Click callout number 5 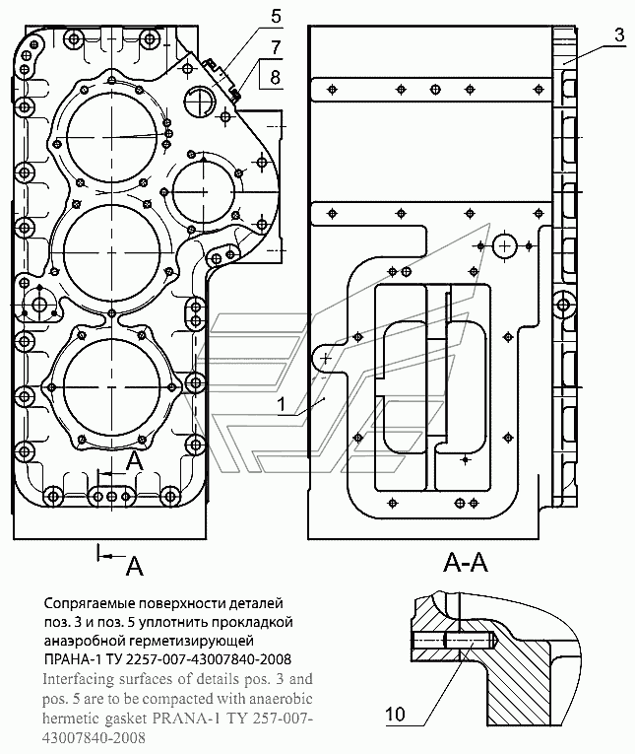tap(276, 17)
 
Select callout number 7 tap(276, 47)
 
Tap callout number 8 tap(276, 77)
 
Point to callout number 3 tap(619, 34)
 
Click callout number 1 tap(282, 404)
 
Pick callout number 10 tap(396, 715)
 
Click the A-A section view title tap(466, 562)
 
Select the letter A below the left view tap(135, 566)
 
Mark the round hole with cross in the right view tap(504, 246)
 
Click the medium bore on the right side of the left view tap(204, 192)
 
